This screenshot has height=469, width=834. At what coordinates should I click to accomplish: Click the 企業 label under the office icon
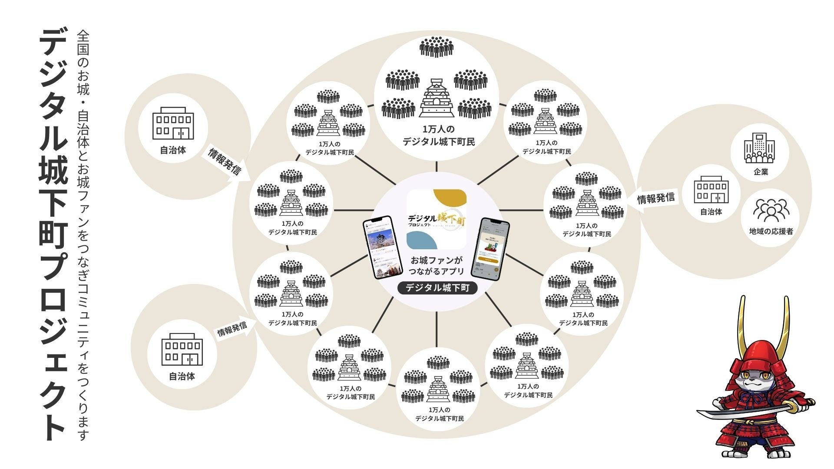[x=761, y=172]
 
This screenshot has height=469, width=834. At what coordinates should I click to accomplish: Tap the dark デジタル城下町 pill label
[x=437, y=288]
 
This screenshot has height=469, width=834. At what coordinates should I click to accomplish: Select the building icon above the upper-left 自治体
[x=173, y=123]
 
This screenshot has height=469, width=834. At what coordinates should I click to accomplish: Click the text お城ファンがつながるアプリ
[x=437, y=266]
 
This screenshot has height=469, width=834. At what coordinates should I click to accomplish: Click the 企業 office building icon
[x=760, y=148]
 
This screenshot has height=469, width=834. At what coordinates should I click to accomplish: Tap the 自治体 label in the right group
[x=711, y=212]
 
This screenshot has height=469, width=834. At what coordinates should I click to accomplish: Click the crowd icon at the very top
[x=437, y=46]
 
